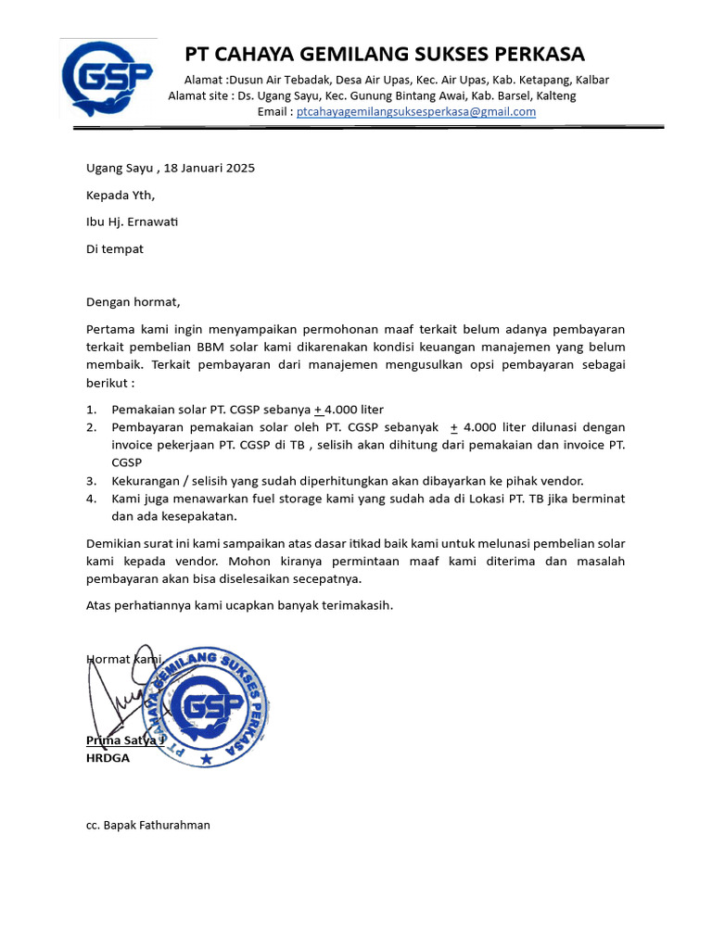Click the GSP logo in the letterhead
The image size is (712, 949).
pos(107,80)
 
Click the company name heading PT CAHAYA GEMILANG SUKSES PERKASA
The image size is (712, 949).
pos(385,54)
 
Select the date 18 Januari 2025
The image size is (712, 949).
pos(210,168)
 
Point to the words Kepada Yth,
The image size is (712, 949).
pos(121,195)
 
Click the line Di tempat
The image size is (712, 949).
pos(115,248)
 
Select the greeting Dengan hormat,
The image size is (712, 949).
pos(133,301)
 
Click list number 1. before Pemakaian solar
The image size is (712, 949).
pos(91,410)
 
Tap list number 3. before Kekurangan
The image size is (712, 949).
pos(91,480)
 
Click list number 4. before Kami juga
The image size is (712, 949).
pos(91,498)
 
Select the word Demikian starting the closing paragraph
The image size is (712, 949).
pos(113,542)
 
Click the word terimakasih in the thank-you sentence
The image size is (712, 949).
pos(358,605)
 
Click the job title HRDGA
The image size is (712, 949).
pos(108,757)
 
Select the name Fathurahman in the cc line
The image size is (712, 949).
pos(175,824)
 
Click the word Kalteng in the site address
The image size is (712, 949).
pos(555,95)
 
